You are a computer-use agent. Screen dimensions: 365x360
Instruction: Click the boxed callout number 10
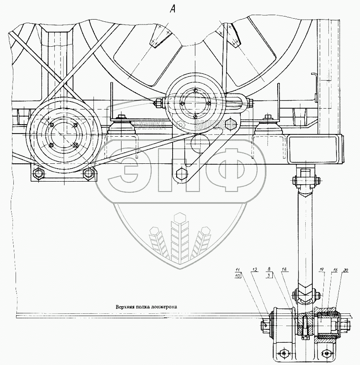pyautogui.click(x=238, y=276)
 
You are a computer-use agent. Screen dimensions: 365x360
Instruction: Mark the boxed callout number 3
pyautogui.click(x=269, y=276)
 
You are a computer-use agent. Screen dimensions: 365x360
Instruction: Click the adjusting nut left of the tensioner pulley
pyautogui.click(x=157, y=104)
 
